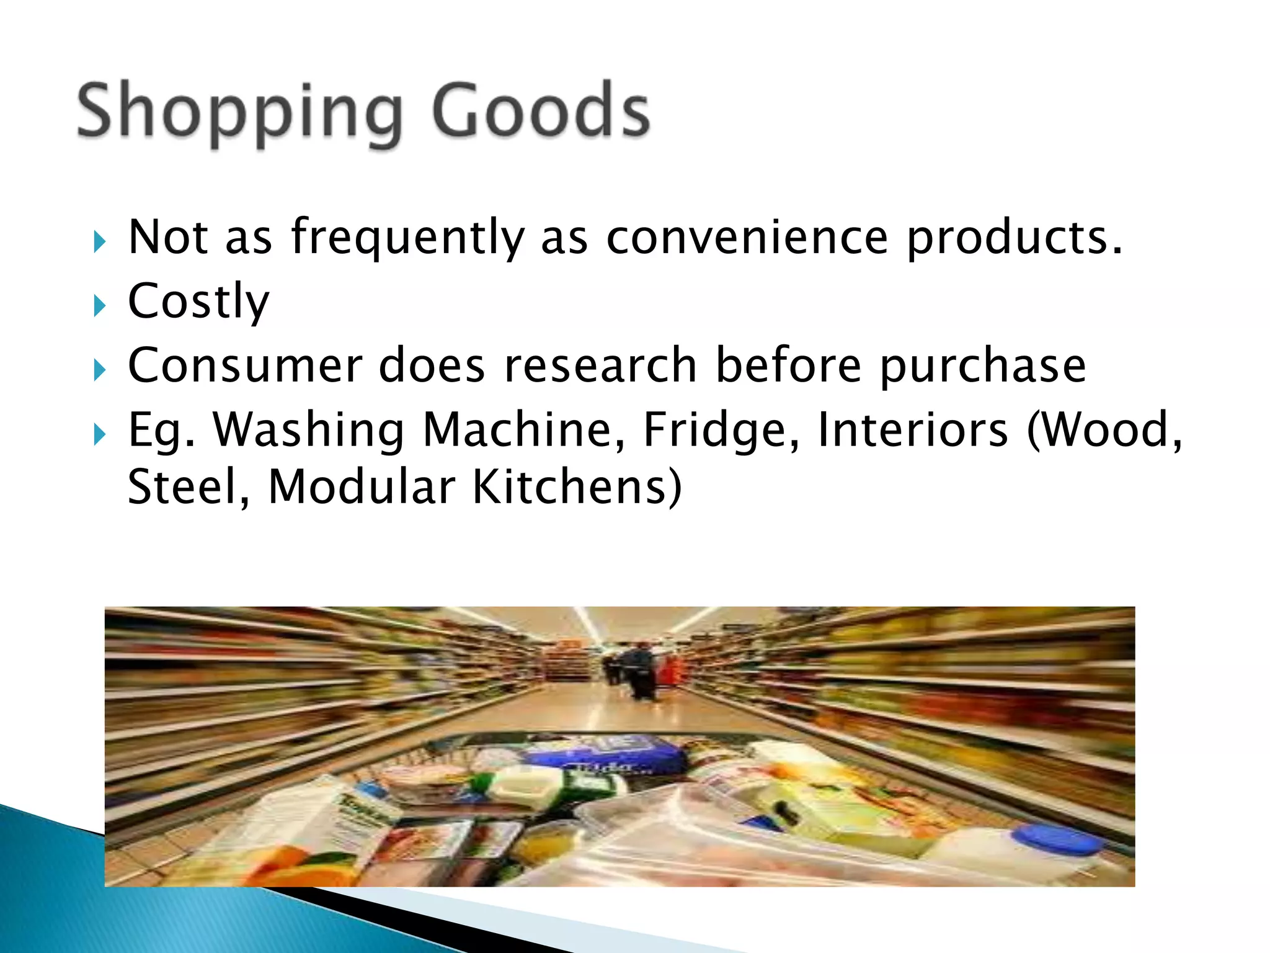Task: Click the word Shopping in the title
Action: coord(239,112)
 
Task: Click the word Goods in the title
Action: coord(541,112)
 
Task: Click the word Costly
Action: coord(198,302)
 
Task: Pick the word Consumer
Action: coord(245,365)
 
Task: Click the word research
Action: coord(600,365)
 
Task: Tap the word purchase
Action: coord(982,367)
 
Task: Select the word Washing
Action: coord(309,431)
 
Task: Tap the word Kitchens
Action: coord(577,487)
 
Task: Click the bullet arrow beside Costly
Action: coord(100,305)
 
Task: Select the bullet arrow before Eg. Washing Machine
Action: coord(100,434)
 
